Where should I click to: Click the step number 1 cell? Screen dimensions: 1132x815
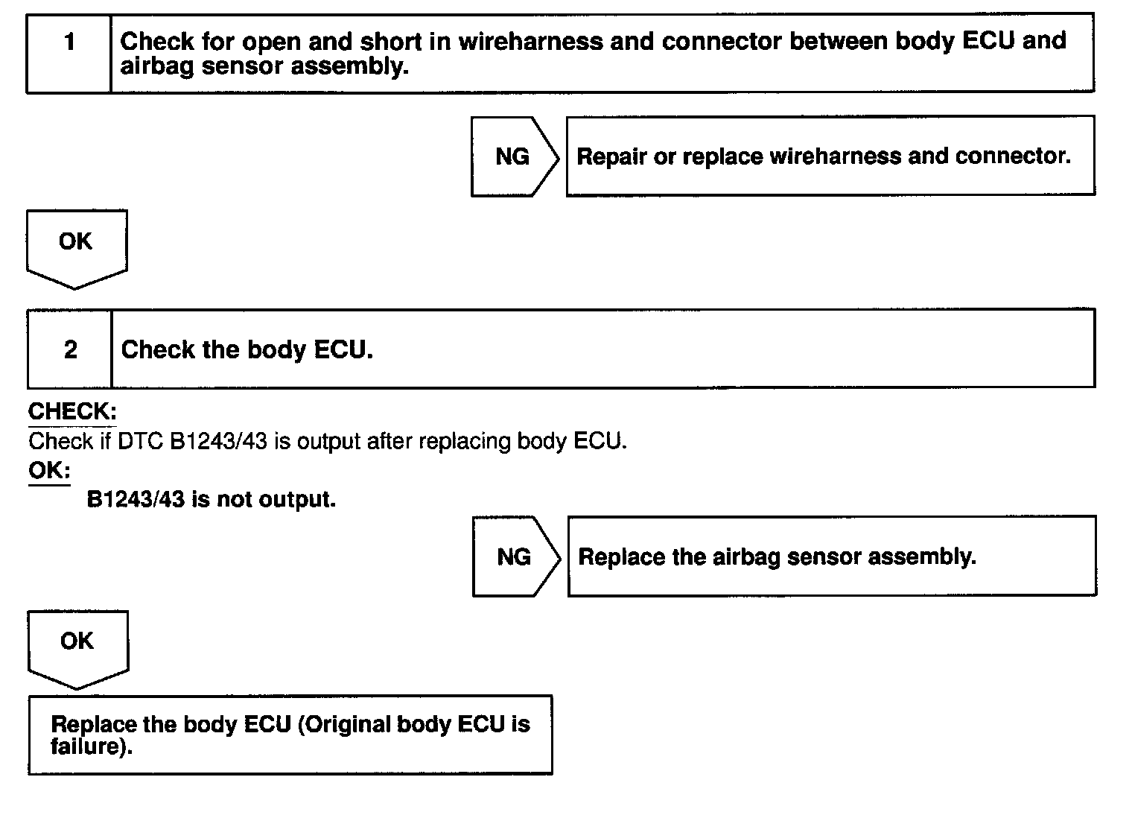69,53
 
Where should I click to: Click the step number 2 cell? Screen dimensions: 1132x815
70,349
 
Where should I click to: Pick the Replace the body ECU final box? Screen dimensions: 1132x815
290,735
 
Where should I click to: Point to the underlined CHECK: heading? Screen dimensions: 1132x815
72,411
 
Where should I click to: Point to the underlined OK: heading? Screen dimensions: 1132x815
49,471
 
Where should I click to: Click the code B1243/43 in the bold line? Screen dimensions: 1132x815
136,499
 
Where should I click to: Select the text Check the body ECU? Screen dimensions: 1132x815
247,349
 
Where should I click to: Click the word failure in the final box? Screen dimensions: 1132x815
90,746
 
